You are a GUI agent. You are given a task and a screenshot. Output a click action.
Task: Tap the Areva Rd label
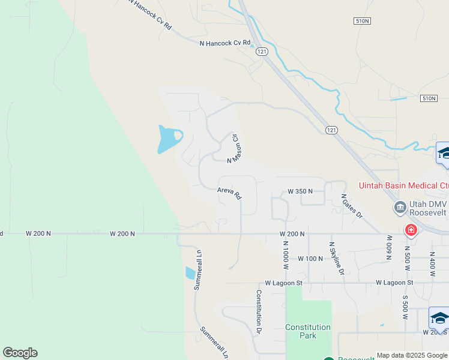229,193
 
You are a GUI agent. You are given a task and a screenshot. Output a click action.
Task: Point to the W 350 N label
300,191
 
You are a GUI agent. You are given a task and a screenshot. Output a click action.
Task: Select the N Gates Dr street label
352,206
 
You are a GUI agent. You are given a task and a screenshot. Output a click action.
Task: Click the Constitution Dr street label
259,311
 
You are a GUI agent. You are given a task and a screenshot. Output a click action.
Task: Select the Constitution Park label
308,331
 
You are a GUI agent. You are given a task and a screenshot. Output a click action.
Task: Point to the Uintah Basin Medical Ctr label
403,185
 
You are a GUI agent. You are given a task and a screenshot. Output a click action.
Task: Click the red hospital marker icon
411,229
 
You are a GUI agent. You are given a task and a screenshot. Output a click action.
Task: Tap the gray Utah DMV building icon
400,208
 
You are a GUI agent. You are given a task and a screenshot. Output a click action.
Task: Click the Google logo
20,353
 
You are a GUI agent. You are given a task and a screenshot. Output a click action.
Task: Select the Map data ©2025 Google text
412,355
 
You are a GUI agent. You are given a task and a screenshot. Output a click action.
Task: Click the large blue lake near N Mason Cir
167,139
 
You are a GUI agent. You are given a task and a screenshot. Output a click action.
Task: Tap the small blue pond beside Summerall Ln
190,273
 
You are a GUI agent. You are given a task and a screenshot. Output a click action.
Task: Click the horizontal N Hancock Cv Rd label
224,43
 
